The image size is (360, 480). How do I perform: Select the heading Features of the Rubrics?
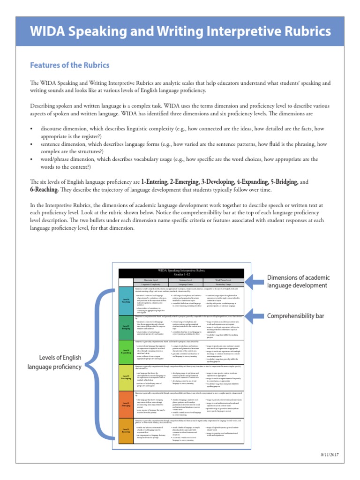[x=69, y=65]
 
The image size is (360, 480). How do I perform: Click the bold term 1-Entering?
[x=158, y=182]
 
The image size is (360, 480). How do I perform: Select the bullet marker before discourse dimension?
[x=31, y=128]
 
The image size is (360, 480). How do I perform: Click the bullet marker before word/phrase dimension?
[x=31, y=159]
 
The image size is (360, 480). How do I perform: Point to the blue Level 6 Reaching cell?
[x=126, y=300]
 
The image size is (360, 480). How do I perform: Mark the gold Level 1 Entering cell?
[x=126, y=429]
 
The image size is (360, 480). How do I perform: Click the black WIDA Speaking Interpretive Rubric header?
[x=182, y=273]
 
